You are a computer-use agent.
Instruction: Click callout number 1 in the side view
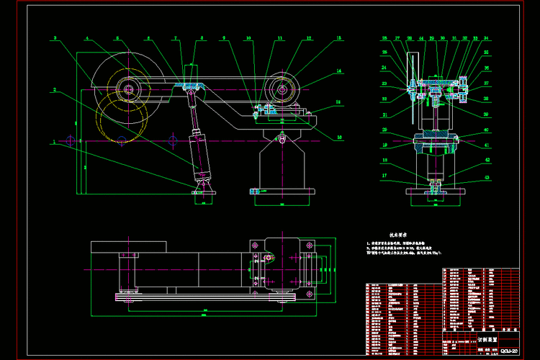[x=53, y=142]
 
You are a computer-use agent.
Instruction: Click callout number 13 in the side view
[x=339, y=37]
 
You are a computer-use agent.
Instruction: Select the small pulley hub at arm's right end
[x=282, y=90]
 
